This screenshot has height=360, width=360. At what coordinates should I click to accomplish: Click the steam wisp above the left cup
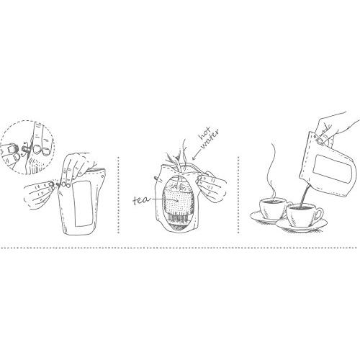point(271,173)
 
